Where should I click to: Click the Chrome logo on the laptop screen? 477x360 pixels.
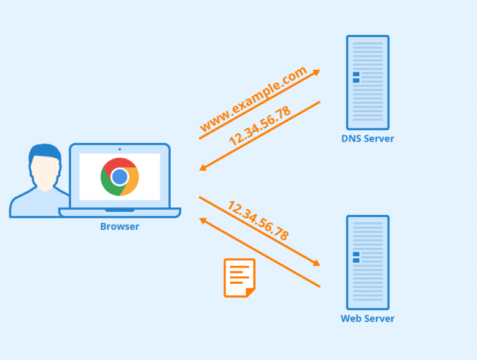tap(119, 177)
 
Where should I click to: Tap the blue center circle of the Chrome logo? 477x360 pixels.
tap(119, 177)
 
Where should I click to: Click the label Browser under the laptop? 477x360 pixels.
tap(119, 227)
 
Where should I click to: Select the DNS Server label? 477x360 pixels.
tap(367, 138)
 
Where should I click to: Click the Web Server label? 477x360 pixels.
tap(367, 318)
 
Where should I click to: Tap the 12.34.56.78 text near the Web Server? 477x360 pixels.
tap(258, 220)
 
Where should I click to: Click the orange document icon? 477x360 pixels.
tap(239, 277)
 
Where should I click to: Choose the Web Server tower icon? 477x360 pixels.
tap(367, 262)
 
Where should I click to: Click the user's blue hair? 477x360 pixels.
tap(45, 151)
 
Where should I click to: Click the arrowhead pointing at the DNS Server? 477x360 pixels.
tap(317, 72)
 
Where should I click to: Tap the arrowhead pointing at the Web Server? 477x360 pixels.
tap(316, 263)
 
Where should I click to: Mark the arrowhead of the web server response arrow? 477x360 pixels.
tap(203, 220)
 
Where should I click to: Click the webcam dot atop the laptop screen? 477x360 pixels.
tap(119, 149)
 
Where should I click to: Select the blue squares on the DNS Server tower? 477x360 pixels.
tap(356, 77)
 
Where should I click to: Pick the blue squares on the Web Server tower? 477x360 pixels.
tap(356, 257)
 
